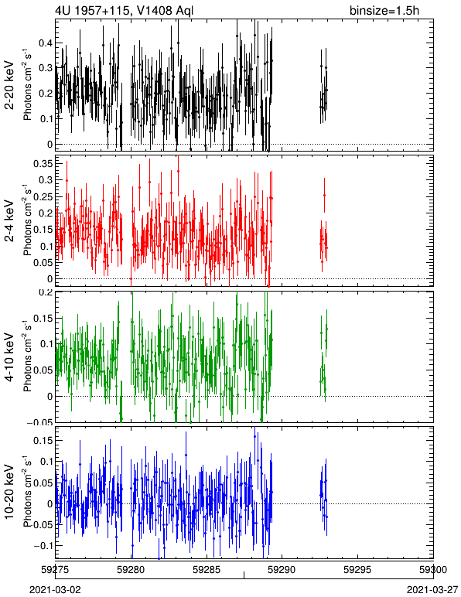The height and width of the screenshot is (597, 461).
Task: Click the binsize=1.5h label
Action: click(x=384, y=10)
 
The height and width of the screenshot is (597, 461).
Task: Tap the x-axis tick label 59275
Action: click(x=56, y=570)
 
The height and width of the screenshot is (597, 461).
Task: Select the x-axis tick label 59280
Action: click(x=131, y=570)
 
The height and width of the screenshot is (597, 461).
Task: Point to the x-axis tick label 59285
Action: click(x=207, y=570)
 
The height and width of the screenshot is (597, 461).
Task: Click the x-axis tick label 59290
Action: click(x=282, y=570)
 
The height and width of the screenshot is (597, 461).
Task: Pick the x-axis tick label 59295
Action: click(x=358, y=570)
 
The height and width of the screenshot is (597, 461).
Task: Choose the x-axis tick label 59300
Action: click(x=433, y=570)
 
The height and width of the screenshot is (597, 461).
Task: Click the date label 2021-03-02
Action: click(x=55, y=590)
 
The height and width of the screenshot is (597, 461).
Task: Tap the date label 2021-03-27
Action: click(x=432, y=590)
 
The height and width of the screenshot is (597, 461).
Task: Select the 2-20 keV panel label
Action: click(x=9, y=85)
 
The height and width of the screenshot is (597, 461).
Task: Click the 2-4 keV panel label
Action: click(x=9, y=221)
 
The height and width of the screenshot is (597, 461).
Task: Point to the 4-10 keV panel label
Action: click(x=9, y=357)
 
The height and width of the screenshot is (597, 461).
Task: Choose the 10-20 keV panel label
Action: click(x=9, y=492)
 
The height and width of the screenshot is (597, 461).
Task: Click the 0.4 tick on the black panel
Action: click(x=46, y=43)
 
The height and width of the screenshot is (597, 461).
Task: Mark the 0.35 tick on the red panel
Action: click(x=43, y=164)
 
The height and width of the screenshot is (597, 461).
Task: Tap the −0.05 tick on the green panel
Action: click(x=40, y=422)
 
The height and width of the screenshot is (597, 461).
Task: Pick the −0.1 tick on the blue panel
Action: click(x=43, y=546)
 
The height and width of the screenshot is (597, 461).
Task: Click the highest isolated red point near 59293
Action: click(x=324, y=196)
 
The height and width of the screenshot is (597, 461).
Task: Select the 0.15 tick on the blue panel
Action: click(x=43, y=440)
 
